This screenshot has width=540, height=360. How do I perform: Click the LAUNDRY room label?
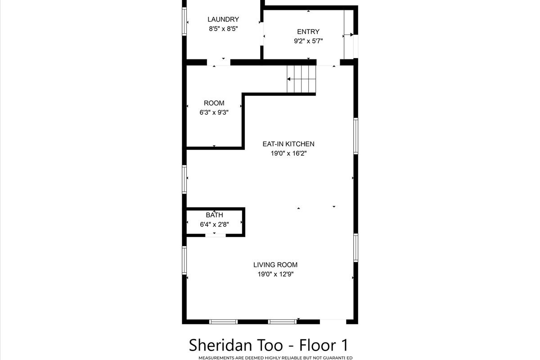pyautogui.click(x=223, y=19)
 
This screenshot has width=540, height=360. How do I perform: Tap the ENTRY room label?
pyautogui.click(x=308, y=31)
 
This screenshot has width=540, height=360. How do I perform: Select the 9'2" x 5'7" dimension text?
pyautogui.click(x=308, y=41)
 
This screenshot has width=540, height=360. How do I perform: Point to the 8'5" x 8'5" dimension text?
pyautogui.click(x=223, y=29)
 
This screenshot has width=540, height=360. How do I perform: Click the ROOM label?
pyautogui.click(x=214, y=103)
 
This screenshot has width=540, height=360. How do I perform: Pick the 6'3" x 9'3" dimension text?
pyautogui.click(x=214, y=112)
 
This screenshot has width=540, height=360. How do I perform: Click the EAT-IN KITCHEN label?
pyautogui.click(x=288, y=144)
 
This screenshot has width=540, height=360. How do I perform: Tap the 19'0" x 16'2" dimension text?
pyautogui.click(x=288, y=153)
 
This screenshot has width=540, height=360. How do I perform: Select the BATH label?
pyautogui.click(x=214, y=215)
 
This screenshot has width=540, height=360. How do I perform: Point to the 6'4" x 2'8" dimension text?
pyautogui.click(x=214, y=225)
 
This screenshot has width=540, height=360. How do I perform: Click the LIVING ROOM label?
pyautogui.click(x=275, y=265)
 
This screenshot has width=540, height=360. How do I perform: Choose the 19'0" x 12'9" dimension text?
pyautogui.click(x=275, y=274)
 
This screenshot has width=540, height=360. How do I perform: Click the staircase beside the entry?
pyautogui.click(x=301, y=79)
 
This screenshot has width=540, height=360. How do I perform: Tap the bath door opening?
pyautogui.click(x=215, y=235)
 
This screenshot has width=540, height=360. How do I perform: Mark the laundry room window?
pyautogui.click(x=184, y=22)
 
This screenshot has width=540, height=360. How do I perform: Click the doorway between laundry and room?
pyautogui.click(x=219, y=62)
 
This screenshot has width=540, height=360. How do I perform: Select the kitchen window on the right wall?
pyautogui.click(x=355, y=136)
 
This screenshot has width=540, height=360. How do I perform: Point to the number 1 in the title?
pyautogui.click(x=345, y=345)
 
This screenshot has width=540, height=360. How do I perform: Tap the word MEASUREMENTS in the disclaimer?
pyautogui.click(x=215, y=358)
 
